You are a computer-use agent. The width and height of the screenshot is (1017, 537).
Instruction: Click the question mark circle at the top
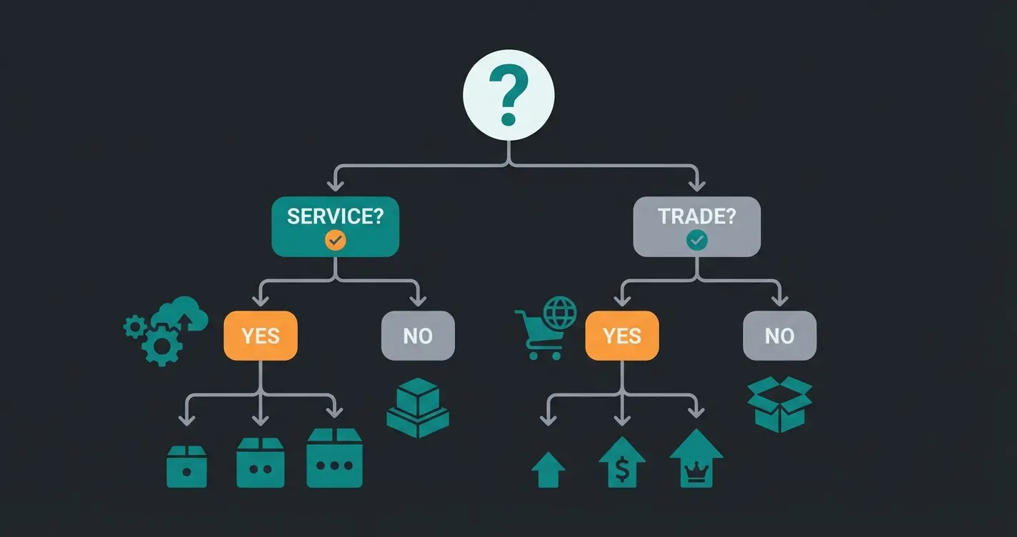click(x=508, y=95)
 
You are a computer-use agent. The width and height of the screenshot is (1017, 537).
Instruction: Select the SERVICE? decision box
click(x=335, y=226)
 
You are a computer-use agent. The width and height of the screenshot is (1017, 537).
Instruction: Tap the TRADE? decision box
click(x=696, y=226)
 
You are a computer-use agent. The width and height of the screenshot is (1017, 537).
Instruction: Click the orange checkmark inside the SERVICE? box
click(x=335, y=241)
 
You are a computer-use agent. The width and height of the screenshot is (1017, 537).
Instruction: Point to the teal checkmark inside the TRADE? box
click(x=696, y=241)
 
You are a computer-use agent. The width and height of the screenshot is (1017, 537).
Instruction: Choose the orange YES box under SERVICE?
click(x=260, y=336)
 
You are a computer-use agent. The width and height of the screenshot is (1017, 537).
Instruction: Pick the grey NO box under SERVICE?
click(x=418, y=336)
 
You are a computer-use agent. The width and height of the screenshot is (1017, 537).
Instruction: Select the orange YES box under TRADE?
click(x=622, y=336)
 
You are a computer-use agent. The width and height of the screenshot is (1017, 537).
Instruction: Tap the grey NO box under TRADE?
click(x=779, y=336)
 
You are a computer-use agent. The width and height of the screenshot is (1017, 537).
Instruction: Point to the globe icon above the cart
click(x=559, y=313)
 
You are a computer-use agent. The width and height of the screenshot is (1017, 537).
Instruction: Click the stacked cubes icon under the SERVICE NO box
click(x=418, y=408)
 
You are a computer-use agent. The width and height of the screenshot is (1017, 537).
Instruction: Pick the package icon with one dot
click(x=186, y=467)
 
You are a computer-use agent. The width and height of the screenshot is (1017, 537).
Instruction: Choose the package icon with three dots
click(x=334, y=458)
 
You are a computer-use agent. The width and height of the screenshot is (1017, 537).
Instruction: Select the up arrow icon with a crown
click(x=696, y=459)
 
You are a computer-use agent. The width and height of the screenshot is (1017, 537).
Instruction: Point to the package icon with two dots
click(x=260, y=463)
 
